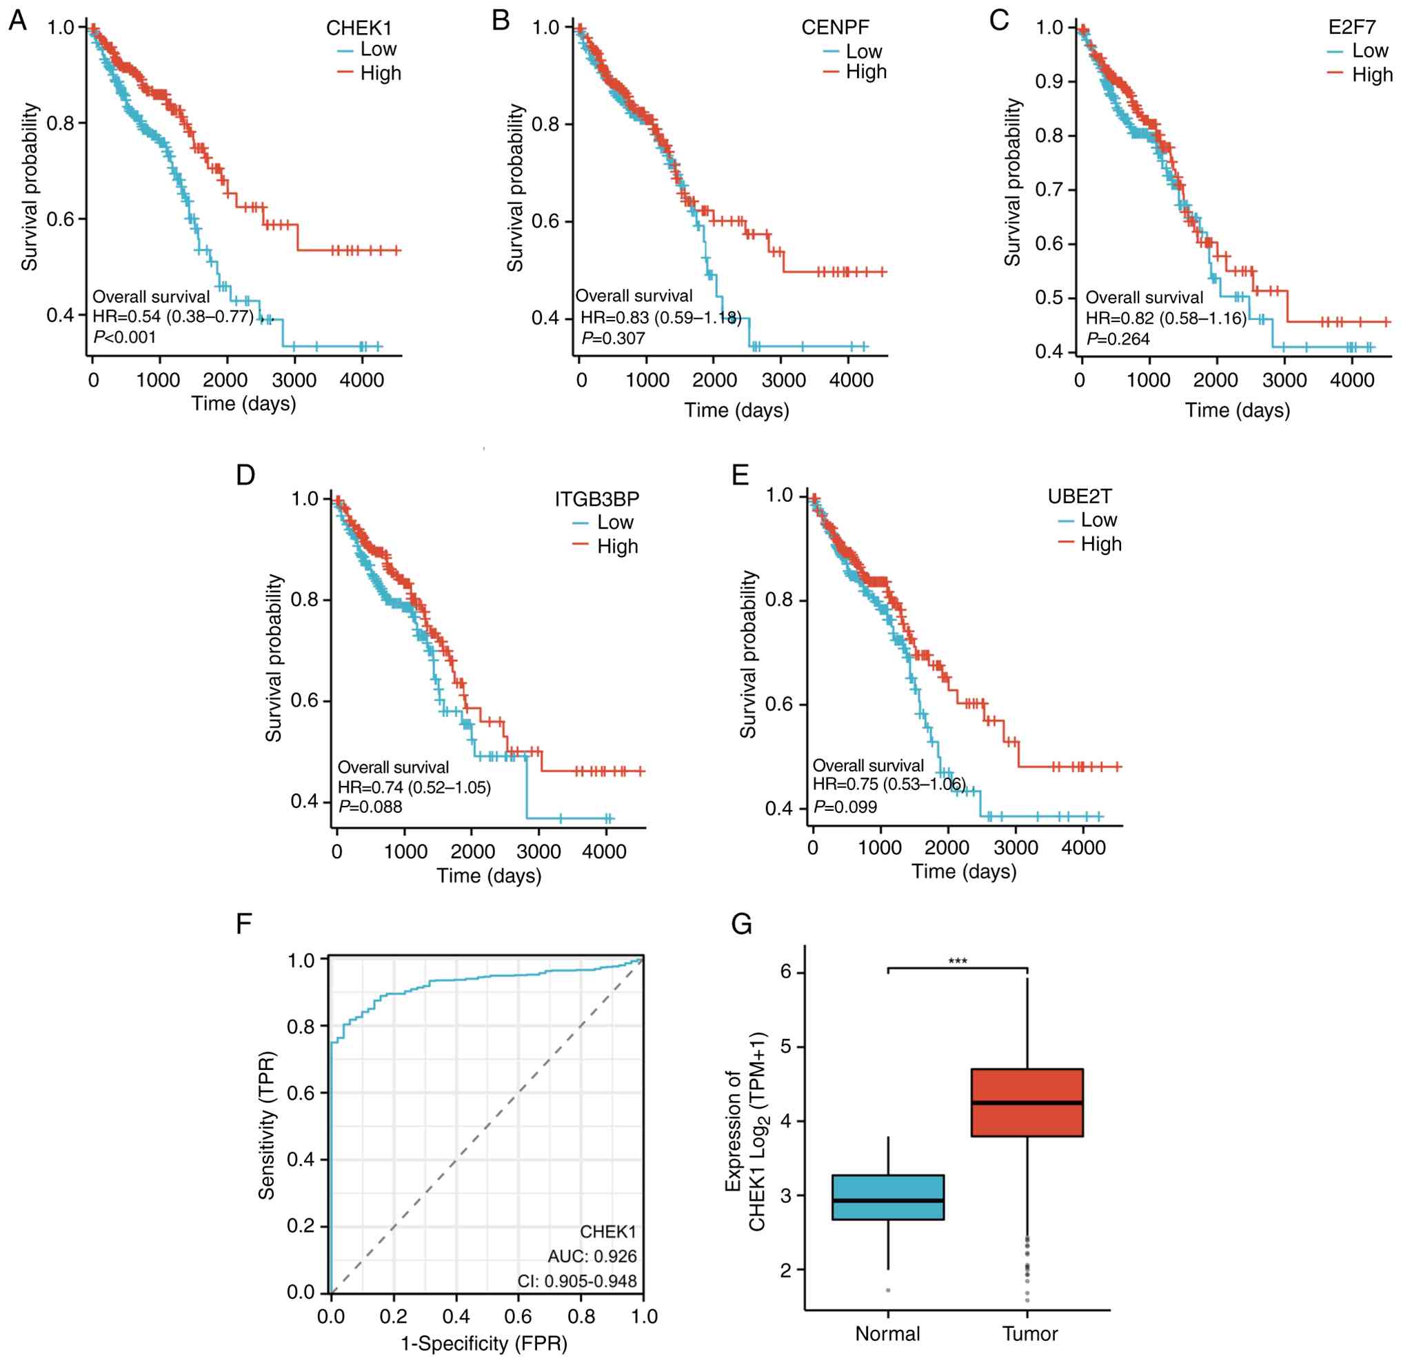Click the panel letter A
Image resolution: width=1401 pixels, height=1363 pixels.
point(18,21)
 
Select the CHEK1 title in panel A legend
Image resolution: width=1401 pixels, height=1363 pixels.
point(359,28)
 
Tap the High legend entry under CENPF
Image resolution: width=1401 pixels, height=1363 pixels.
point(865,72)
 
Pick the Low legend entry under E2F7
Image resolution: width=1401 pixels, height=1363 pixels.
point(1369,51)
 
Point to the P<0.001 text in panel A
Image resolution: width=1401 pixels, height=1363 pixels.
point(125,336)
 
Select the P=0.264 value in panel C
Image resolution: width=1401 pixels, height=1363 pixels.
point(1118,339)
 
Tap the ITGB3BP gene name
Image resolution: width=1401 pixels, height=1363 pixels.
point(596,499)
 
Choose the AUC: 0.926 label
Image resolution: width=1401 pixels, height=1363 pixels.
point(592,1255)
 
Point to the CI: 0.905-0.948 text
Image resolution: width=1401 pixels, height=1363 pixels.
point(577,1281)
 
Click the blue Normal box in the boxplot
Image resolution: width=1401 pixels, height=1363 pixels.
point(888,1197)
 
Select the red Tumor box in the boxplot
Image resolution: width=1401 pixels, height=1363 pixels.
point(1027,1102)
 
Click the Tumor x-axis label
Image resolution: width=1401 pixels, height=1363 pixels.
point(1029,1333)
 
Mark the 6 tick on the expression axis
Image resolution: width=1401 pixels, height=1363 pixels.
point(786,971)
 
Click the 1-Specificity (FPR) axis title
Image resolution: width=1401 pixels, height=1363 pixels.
point(484,1344)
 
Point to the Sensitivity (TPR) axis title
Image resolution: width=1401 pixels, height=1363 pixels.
point(267,1125)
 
